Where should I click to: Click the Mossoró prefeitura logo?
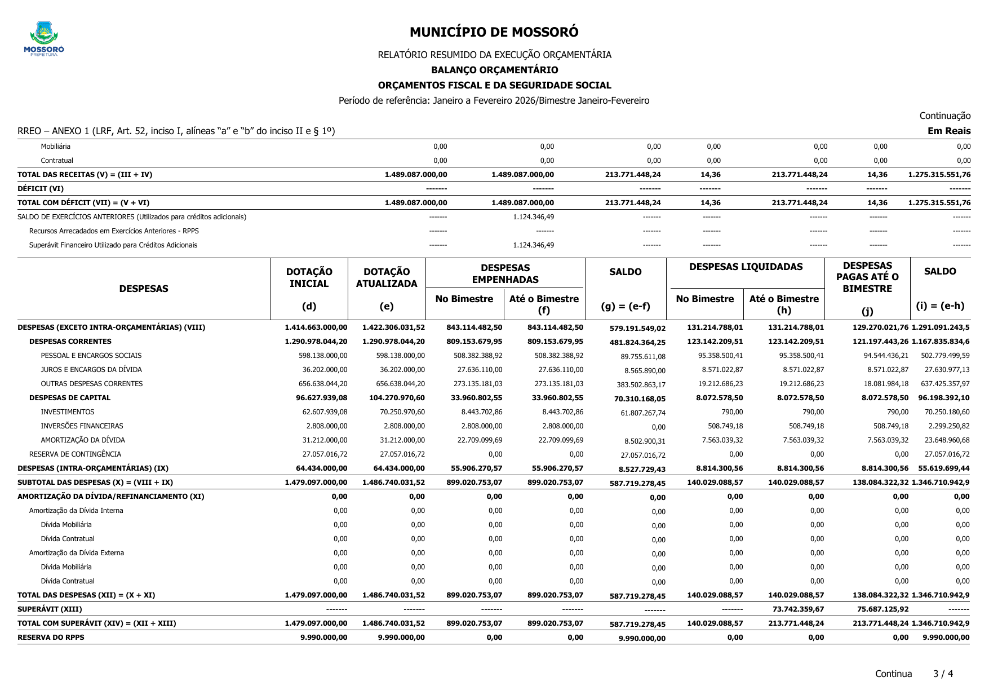click(44, 38)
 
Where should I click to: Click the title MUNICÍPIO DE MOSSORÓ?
click(494, 32)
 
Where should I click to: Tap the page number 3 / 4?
click(943, 674)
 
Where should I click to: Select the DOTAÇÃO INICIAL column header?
click(309, 278)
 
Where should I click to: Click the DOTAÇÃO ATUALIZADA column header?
click(387, 278)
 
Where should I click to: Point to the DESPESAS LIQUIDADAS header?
click(746, 267)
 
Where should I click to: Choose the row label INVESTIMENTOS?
click(68, 412)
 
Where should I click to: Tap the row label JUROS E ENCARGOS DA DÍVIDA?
click(91, 370)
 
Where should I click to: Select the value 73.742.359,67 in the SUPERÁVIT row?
click(800, 609)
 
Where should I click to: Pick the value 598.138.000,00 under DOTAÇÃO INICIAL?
click(323, 356)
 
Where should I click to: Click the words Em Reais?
click(949, 131)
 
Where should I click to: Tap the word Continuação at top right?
click(944, 116)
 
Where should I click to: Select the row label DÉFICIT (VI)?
click(41, 189)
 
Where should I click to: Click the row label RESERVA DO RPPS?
click(51, 638)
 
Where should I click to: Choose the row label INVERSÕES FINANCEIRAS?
click(82, 426)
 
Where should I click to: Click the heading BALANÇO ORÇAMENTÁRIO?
click(494, 70)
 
